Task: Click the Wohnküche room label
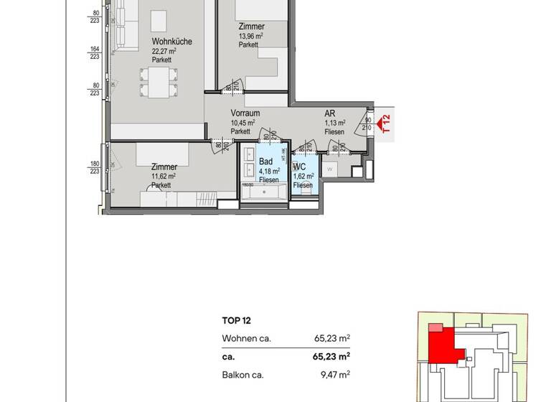171,42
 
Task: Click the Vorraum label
245,113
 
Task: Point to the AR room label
330,113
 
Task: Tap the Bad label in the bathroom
265,162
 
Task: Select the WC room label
300,167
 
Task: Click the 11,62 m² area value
164,176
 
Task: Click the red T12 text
387,123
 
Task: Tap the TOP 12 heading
237,322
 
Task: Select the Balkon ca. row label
243,375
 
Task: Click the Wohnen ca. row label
246,338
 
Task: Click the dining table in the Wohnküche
156,80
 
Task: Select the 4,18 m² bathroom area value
269,171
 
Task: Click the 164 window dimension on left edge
94,50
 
